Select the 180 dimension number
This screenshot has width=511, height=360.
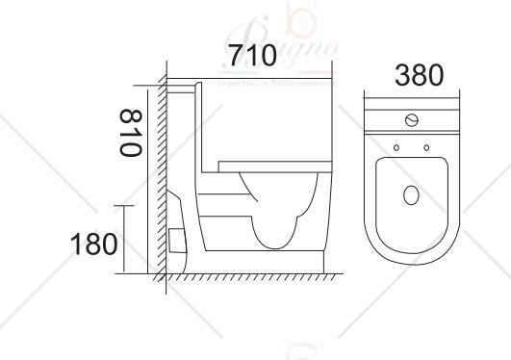click(93, 244)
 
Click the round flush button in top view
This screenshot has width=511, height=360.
click(412, 121)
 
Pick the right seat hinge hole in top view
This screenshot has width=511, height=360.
click(425, 147)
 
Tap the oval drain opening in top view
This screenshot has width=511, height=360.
click(411, 197)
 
